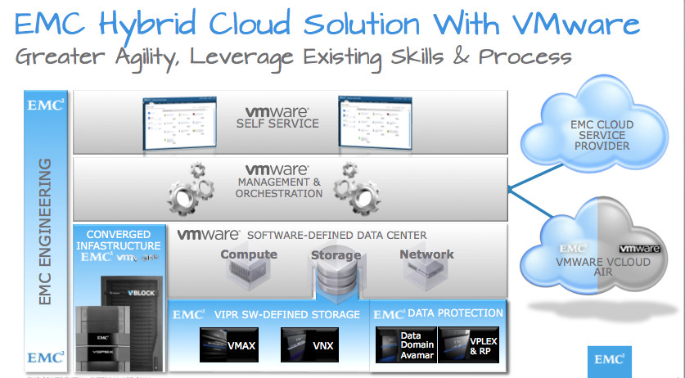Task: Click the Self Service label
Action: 277,124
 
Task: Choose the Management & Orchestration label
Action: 278,187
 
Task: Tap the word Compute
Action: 249,254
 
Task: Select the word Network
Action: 426,254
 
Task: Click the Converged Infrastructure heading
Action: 119,240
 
